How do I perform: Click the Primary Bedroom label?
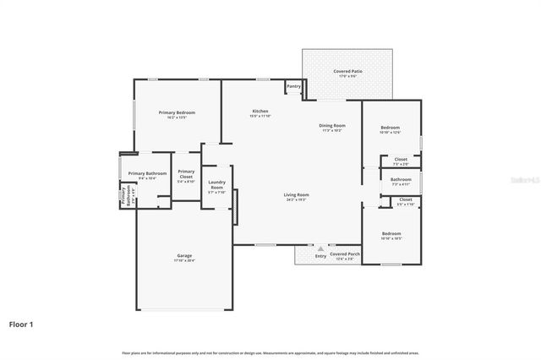pos(178,112)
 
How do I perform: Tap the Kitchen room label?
pos(260,112)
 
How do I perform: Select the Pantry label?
pos(293,85)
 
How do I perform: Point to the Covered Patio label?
pos(348,71)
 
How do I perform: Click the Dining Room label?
pos(331,126)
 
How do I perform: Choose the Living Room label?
pos(296,194)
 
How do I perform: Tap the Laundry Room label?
pos(216,185)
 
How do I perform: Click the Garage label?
pos(184,255)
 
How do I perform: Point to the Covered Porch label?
pos(345,254)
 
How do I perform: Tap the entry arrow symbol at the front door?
pos(320,248)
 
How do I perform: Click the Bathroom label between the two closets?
pos(401,178)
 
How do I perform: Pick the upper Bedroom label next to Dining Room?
pos(390,128)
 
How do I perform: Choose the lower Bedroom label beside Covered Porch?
pos(391,233)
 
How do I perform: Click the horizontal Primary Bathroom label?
pos(147,173)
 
